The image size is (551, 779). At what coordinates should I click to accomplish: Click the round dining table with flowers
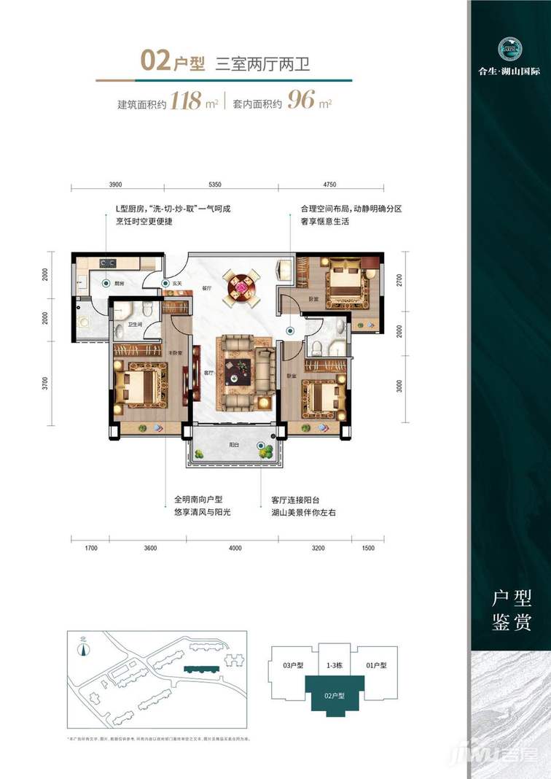click(241, 284)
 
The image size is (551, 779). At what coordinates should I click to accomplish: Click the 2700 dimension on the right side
click(399, 280)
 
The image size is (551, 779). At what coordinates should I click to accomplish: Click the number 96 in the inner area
click(301, 101)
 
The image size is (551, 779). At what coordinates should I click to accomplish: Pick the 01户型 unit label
click(375, 665)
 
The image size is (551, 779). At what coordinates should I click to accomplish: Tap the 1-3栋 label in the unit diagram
click(335, 665)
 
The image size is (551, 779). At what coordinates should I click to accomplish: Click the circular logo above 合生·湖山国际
click(510, 49)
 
